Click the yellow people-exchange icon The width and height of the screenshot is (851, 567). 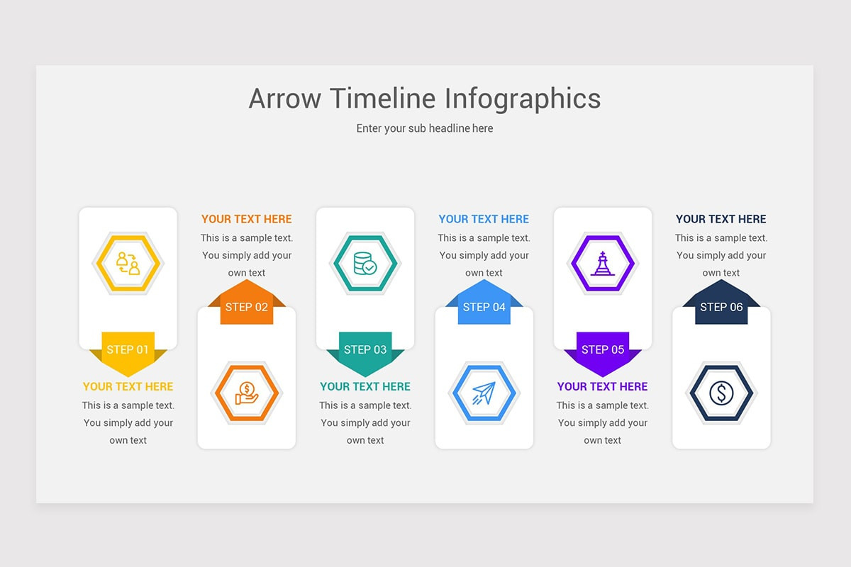click(128, 263)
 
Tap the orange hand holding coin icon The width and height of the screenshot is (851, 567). click(247, 393)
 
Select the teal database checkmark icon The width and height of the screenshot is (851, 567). click(365, 263)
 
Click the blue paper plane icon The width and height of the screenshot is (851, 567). click(484, 393)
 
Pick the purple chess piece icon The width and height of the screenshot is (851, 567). click(603, 263)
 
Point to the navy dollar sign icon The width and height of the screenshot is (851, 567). click(721, 393)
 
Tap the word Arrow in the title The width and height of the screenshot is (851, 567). click(285, 99)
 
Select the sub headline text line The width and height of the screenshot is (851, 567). click(425, 128)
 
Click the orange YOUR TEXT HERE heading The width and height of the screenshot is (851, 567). click(247, 219)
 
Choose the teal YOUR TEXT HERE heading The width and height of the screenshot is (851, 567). click(365, 386)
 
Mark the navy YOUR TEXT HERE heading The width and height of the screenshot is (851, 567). click(721, 219)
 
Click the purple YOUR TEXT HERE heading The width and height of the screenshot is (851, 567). click(603, 386)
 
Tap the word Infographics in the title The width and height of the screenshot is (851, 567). click(523, 99)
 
